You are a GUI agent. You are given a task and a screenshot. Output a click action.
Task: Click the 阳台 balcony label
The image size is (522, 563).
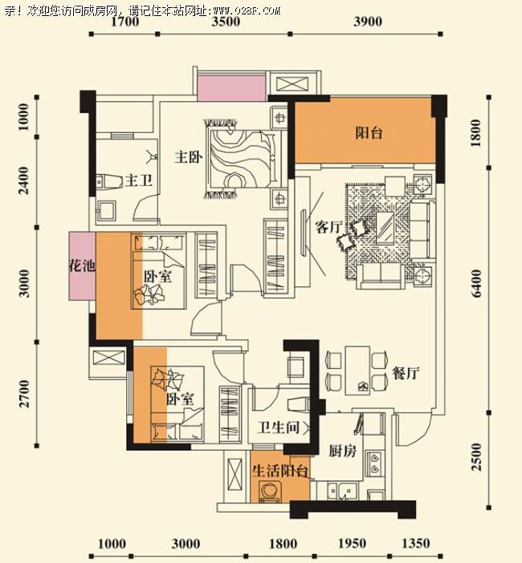pos(369,133)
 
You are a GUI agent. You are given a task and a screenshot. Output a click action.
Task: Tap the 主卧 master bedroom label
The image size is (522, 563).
pos(189,157)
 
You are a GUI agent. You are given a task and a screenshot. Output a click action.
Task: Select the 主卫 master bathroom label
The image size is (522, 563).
pos(139,180)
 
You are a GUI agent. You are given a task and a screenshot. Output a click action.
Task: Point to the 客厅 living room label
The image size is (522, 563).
pos(328,227)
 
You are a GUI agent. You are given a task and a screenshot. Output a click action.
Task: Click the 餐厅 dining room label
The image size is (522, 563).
pos(406,374)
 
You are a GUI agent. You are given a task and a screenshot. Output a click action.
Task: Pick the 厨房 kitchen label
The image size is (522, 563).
pos(343,451)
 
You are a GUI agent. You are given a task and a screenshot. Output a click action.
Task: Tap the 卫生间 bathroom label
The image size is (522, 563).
pos(278,427)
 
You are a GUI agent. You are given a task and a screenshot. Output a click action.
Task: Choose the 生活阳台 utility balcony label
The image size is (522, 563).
pos(280,471)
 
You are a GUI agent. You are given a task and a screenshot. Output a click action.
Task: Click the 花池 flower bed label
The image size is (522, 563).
pos(83,266)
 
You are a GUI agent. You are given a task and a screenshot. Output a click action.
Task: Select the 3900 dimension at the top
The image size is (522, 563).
pos(368,22)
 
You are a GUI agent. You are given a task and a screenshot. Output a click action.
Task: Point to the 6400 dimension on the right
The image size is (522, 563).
pos(476,284)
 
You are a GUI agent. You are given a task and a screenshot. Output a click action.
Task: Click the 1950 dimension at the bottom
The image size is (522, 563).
pos(352,544)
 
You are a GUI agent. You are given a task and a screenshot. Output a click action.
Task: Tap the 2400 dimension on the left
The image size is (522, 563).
pos(23,180)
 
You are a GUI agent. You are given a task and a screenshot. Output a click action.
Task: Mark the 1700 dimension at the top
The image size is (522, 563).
pos(124,22)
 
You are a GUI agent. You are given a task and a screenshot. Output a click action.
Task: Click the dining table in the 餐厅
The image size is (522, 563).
pos(357,371)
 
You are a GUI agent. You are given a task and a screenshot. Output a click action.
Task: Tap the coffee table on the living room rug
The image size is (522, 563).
pos(385,228)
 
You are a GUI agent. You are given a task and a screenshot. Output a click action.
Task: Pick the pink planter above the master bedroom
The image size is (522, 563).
pos(231,89)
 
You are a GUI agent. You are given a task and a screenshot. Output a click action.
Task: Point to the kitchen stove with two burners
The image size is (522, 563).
pos(374,464)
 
